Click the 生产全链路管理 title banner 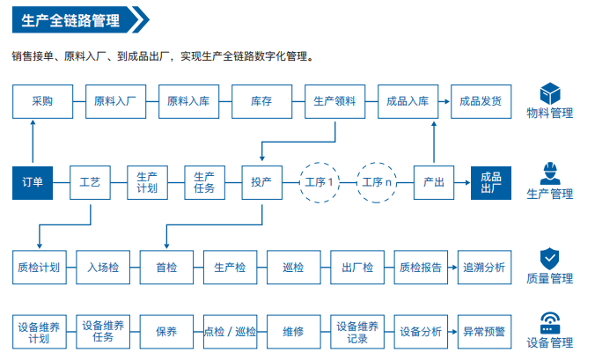click(80, 19)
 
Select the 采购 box click(42, 102)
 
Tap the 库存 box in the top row click(261, 102)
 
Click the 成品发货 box click(481, 102)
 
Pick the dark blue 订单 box click(33, 183)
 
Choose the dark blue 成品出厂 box click(491, 183)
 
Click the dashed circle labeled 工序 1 click(320, 183)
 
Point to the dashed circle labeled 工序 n click(377, 183)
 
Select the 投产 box click(261, 183)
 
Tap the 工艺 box click(91, 183)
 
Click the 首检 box click(166, 268)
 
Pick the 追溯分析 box click(485, 268)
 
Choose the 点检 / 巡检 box click(230, 332)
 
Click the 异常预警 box click(485, 332)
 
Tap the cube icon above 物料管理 click(550, 93)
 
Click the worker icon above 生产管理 click(550, 173)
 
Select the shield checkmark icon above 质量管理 click(550, 259)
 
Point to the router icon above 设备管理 click(550, 323)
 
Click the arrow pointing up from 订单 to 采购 click(33, 142)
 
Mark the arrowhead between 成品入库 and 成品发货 click(447, 102)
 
